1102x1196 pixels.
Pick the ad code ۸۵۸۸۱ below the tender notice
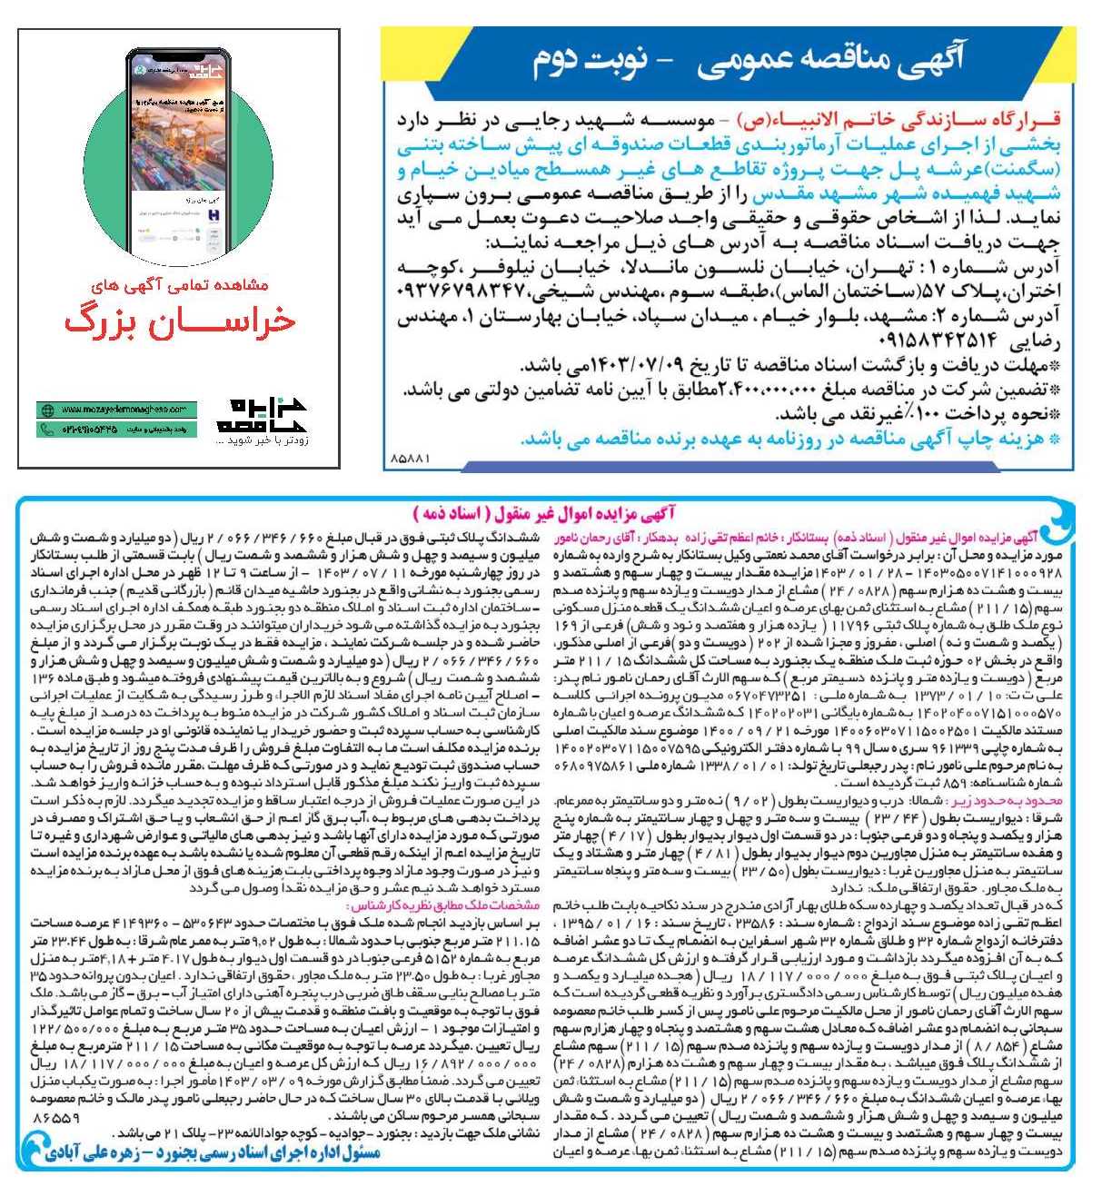click(x=410, y=460)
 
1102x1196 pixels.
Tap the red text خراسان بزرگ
click(x=178, y=321)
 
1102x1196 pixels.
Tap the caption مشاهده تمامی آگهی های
click(x=178, y=284)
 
